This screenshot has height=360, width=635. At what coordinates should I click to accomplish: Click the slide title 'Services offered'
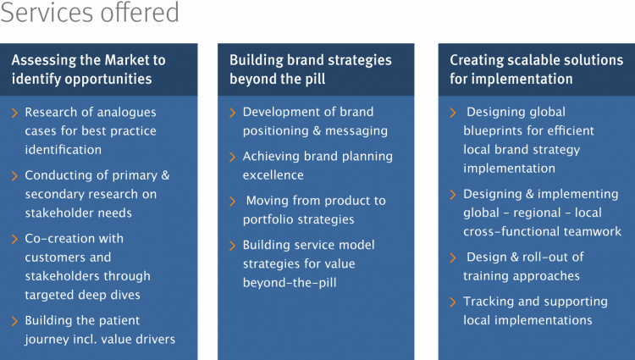[90, 12]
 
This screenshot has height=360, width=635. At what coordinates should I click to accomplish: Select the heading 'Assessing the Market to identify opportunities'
[88, 69]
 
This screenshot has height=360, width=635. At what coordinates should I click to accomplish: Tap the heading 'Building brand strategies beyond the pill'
[310, 69]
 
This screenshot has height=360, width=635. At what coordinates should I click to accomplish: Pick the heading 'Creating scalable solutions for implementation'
[536, 69]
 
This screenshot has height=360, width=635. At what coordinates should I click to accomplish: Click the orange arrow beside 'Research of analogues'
[14, 113]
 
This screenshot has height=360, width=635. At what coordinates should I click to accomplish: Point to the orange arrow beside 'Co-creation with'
[14, 239]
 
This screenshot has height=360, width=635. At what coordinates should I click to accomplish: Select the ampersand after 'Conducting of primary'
[165, 175]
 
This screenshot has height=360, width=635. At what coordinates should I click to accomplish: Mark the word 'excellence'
[273, 175]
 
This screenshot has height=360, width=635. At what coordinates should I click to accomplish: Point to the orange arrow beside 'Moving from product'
[233, 202]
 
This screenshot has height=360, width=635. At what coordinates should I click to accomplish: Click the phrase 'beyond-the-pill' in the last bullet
[290, 283]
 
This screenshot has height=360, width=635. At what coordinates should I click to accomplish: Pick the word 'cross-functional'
[511, 231]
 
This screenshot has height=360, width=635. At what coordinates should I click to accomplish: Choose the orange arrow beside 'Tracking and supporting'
[453, 302]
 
